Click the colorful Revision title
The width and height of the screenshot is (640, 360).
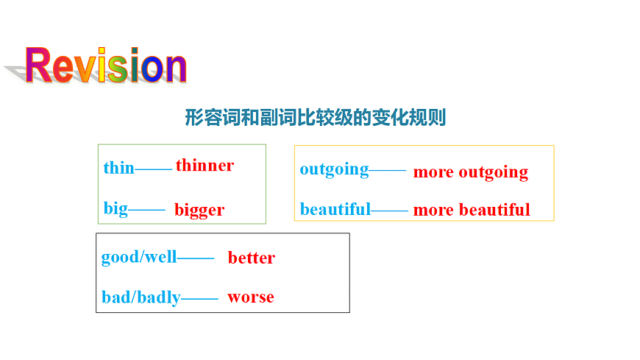pos(106,66)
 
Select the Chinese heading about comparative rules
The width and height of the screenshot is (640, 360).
pos(315,117)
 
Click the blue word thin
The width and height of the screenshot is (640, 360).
pos(118,168)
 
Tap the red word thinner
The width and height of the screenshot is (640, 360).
pos(205,166)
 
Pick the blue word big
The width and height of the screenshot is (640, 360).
pos(115,208)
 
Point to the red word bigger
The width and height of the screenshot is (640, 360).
pos(199,210)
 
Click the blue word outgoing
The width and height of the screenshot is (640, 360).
pos(334,169)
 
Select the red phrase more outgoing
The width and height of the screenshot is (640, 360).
pos(470,172)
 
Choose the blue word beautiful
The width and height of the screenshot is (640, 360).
pos(335,209)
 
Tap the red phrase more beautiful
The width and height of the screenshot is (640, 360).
pos(471,210)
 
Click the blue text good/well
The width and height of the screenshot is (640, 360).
pos(139,257)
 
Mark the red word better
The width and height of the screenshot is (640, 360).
pos(251,258)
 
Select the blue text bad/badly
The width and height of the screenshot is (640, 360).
pos(141,297)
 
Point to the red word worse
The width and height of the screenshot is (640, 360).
pos(250,297)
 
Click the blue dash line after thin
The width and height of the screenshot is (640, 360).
pos(154,170)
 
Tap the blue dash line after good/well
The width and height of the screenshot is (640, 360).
pos(196,258)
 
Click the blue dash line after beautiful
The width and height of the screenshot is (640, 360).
pos(389,211)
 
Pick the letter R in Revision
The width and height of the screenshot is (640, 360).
pos(39,66)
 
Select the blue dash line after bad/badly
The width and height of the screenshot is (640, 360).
pos(199,299)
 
